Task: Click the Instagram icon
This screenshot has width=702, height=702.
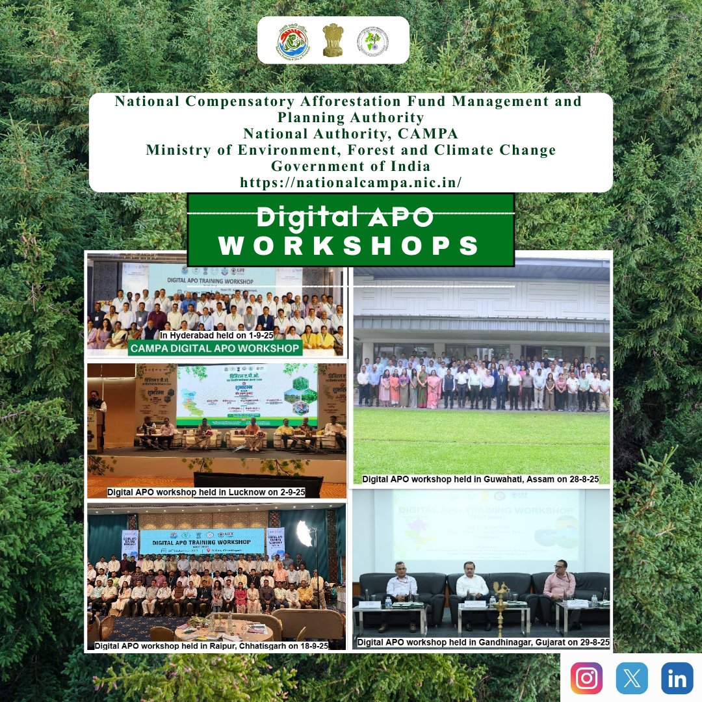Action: [586, 678]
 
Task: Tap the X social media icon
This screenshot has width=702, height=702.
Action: [632, 678]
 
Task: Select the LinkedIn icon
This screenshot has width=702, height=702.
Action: [677, 678]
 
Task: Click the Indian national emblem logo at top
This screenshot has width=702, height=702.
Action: [333, 40]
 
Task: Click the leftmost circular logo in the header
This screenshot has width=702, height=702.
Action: [292, 40]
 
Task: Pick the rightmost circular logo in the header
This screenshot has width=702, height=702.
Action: [372, 41]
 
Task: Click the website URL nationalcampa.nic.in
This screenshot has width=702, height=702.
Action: [350, 183]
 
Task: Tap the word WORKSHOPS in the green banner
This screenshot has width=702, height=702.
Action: [350, 246]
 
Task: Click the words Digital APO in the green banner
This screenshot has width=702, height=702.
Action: [344, 218]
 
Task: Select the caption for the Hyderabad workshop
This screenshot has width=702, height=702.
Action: [216, 334]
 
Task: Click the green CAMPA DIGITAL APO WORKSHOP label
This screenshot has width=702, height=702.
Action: [215, 348]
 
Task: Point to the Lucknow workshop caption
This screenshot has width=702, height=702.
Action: [206, 492]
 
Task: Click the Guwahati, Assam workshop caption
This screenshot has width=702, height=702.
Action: [480, 479]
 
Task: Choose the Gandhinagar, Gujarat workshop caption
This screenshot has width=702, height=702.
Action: [483, 642]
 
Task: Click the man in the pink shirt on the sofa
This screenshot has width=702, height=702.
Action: [559, 588]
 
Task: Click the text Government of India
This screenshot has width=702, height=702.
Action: [350, 166]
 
